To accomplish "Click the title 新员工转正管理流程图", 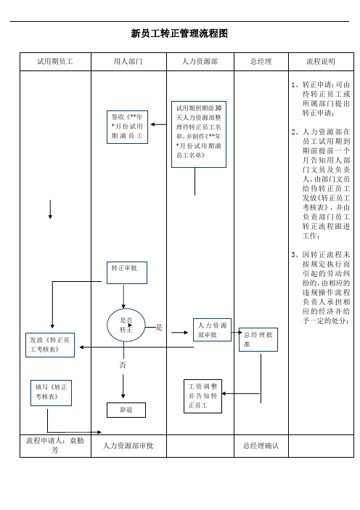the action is [179, 33].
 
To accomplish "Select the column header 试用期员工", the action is [55, 62].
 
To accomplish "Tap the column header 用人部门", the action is [128, 62].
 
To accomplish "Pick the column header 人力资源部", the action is [200, 62].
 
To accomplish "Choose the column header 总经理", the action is [261, 62].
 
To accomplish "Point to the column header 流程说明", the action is [321, 62].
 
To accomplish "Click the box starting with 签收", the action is [127, 127].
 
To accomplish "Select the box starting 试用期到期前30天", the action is [199, 134].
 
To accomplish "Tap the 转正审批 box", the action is [127, 272].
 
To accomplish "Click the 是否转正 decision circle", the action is [126, 325].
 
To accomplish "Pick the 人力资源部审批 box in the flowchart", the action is [212, 330].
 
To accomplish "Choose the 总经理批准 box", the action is [258, 339].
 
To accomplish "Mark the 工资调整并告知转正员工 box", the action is [202, 396].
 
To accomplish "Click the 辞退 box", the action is [126, 410].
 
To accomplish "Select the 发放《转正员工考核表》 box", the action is [50, 345].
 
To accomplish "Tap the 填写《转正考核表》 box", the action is [51, 393].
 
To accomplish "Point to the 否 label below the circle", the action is [123, 365].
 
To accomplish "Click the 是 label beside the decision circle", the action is [159, 327].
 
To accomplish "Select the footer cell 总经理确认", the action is [261, 445].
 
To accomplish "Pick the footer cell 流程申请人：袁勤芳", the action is [55, 445].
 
